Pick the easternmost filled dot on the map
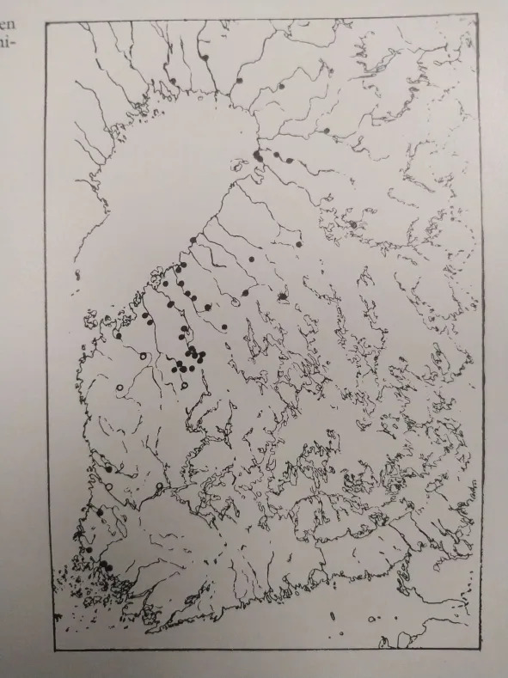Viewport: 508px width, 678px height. pyautogui.click(x=353, y=225)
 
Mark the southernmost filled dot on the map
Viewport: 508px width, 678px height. pyautogui.click(x=104, y=565)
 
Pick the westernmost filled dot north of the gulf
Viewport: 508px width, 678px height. pyautogui.click(x=173, y=81)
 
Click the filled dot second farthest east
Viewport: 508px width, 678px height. pyautogui.click(x=327, y=131)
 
